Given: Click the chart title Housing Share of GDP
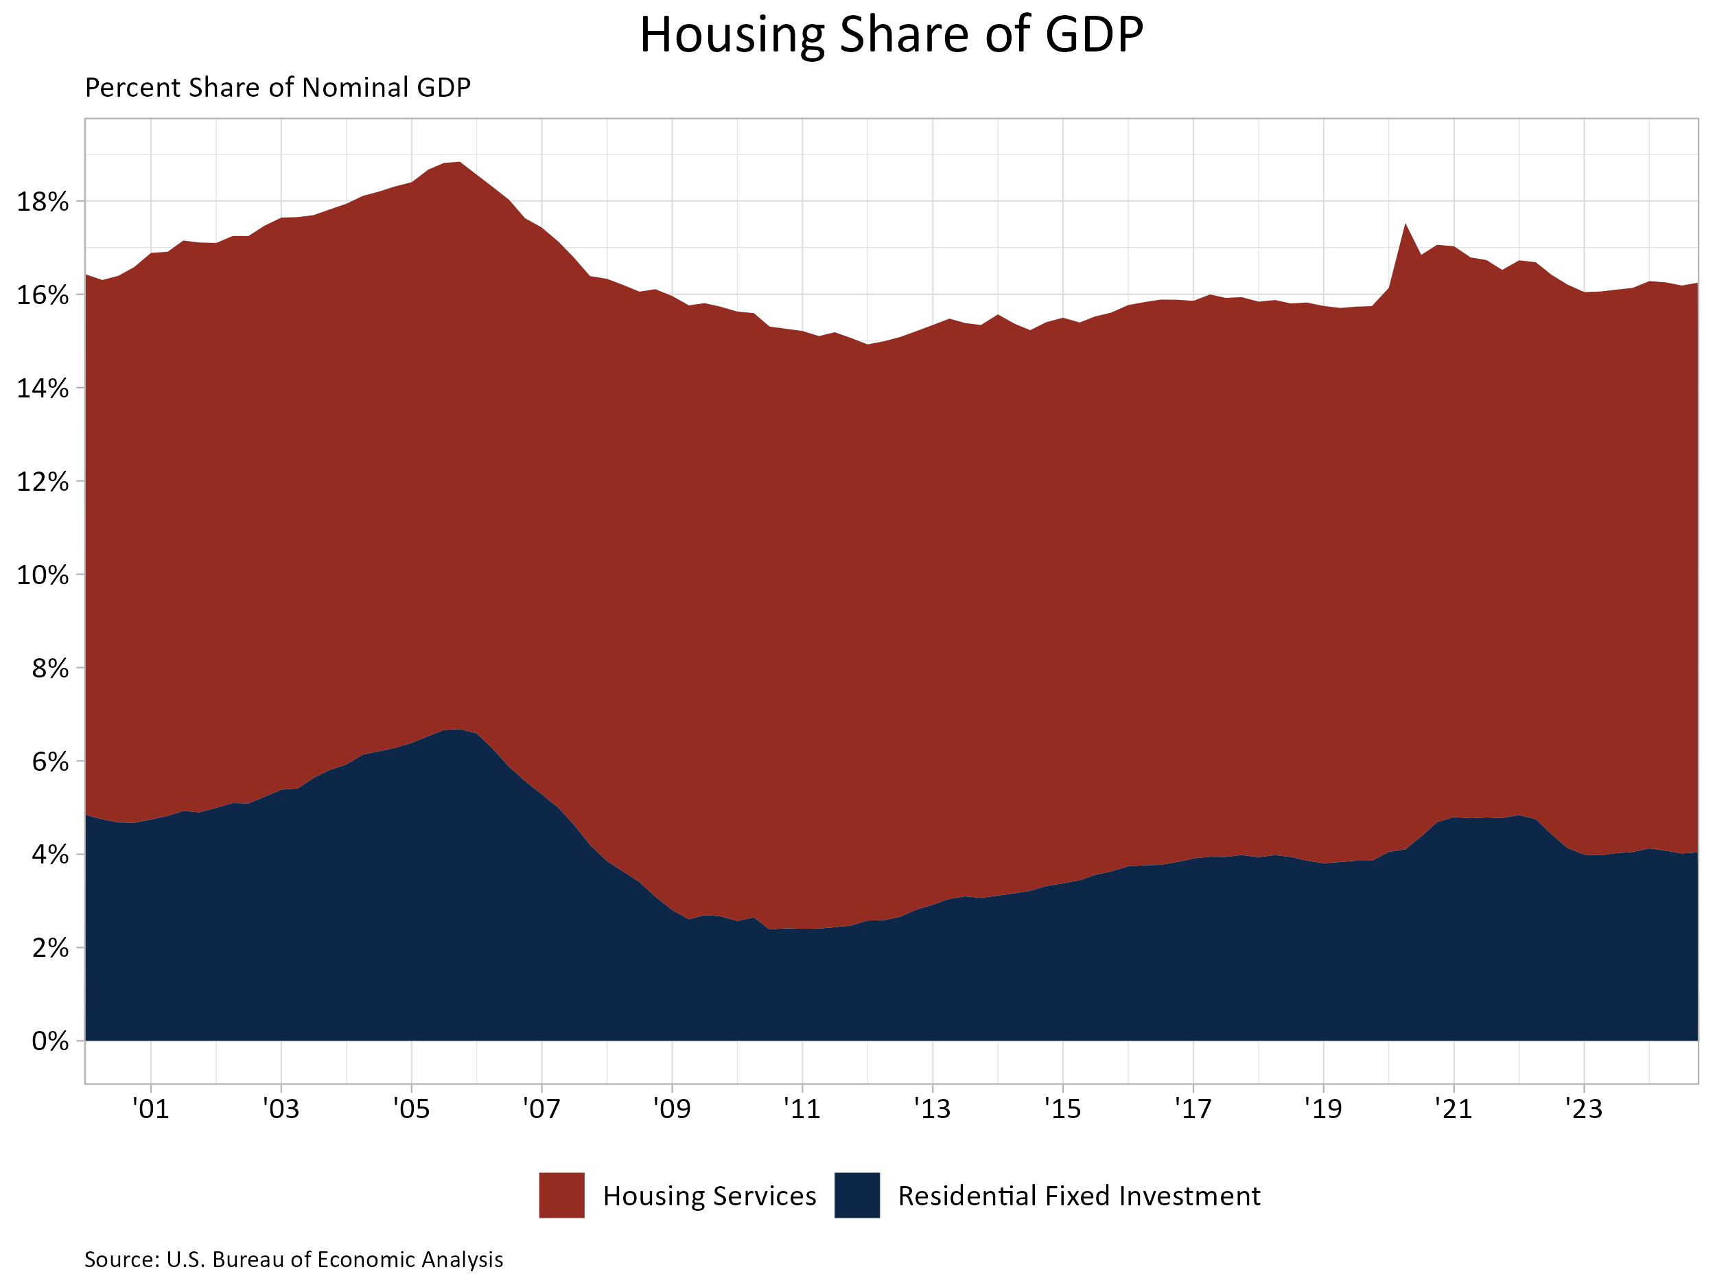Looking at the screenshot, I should coord(891,35).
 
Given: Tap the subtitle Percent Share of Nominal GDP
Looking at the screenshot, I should coord(277,88).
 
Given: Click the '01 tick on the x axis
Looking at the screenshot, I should coord(151,1109).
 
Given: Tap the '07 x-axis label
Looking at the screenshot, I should coord(541,1109).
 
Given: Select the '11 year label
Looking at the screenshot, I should coord(802,1109).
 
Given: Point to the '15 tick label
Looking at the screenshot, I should coord(1062,1109).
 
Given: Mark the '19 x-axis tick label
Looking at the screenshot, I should coord(1322,1109).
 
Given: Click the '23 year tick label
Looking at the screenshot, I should coord(1583,1109).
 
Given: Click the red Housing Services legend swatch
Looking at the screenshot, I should coord(561,1196).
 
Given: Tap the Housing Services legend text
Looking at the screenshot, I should coord(710,1196).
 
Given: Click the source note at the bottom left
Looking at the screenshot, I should coord(294,1260).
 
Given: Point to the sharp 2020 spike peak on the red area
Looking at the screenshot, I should coord(1405,225).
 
